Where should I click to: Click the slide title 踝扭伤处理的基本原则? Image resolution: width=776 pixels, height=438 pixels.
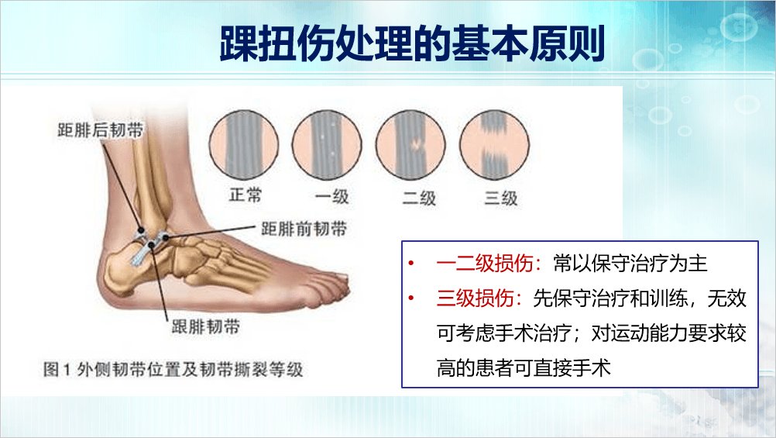click(x=411, y=45)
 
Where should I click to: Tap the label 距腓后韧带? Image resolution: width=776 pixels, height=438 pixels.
click(x=100, y=129)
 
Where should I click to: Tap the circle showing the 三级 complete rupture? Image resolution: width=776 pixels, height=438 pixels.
click(x=496, y=143)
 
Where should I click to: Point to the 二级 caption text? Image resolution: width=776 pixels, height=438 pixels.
click(x=416, y=197)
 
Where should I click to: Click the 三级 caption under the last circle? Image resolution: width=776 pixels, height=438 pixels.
click(x=500, y=197)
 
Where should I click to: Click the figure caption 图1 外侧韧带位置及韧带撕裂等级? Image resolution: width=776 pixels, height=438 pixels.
click(x=173, y=369)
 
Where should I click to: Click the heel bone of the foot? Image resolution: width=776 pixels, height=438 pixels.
click(x=124, y=271)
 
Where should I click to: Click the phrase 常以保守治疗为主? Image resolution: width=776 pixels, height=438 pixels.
click(x=631, y=264)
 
